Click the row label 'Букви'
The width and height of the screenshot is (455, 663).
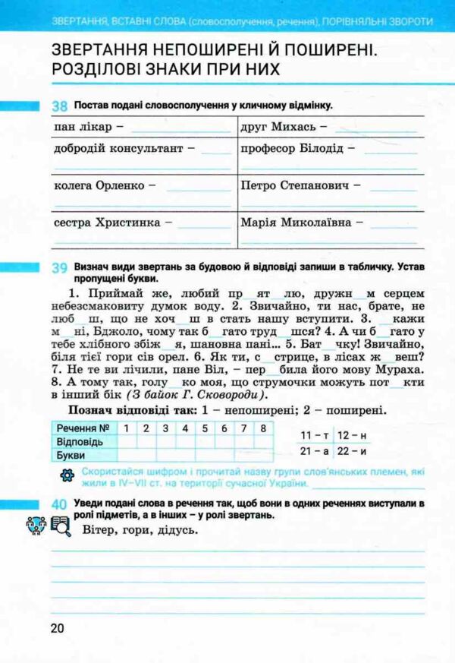71,455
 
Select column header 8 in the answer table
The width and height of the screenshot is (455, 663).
262,428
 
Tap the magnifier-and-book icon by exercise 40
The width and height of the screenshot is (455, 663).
60,524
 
